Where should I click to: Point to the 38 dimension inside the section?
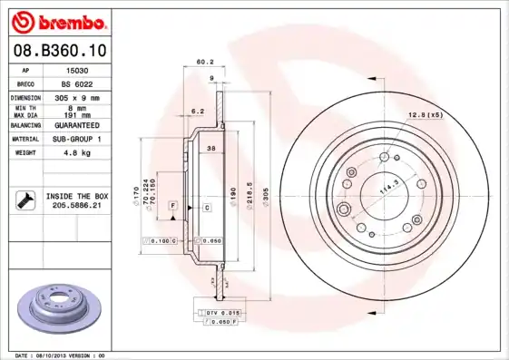tap(210, 148)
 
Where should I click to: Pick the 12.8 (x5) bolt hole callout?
tap(425, 114)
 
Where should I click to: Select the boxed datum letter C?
tap(206, 208)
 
